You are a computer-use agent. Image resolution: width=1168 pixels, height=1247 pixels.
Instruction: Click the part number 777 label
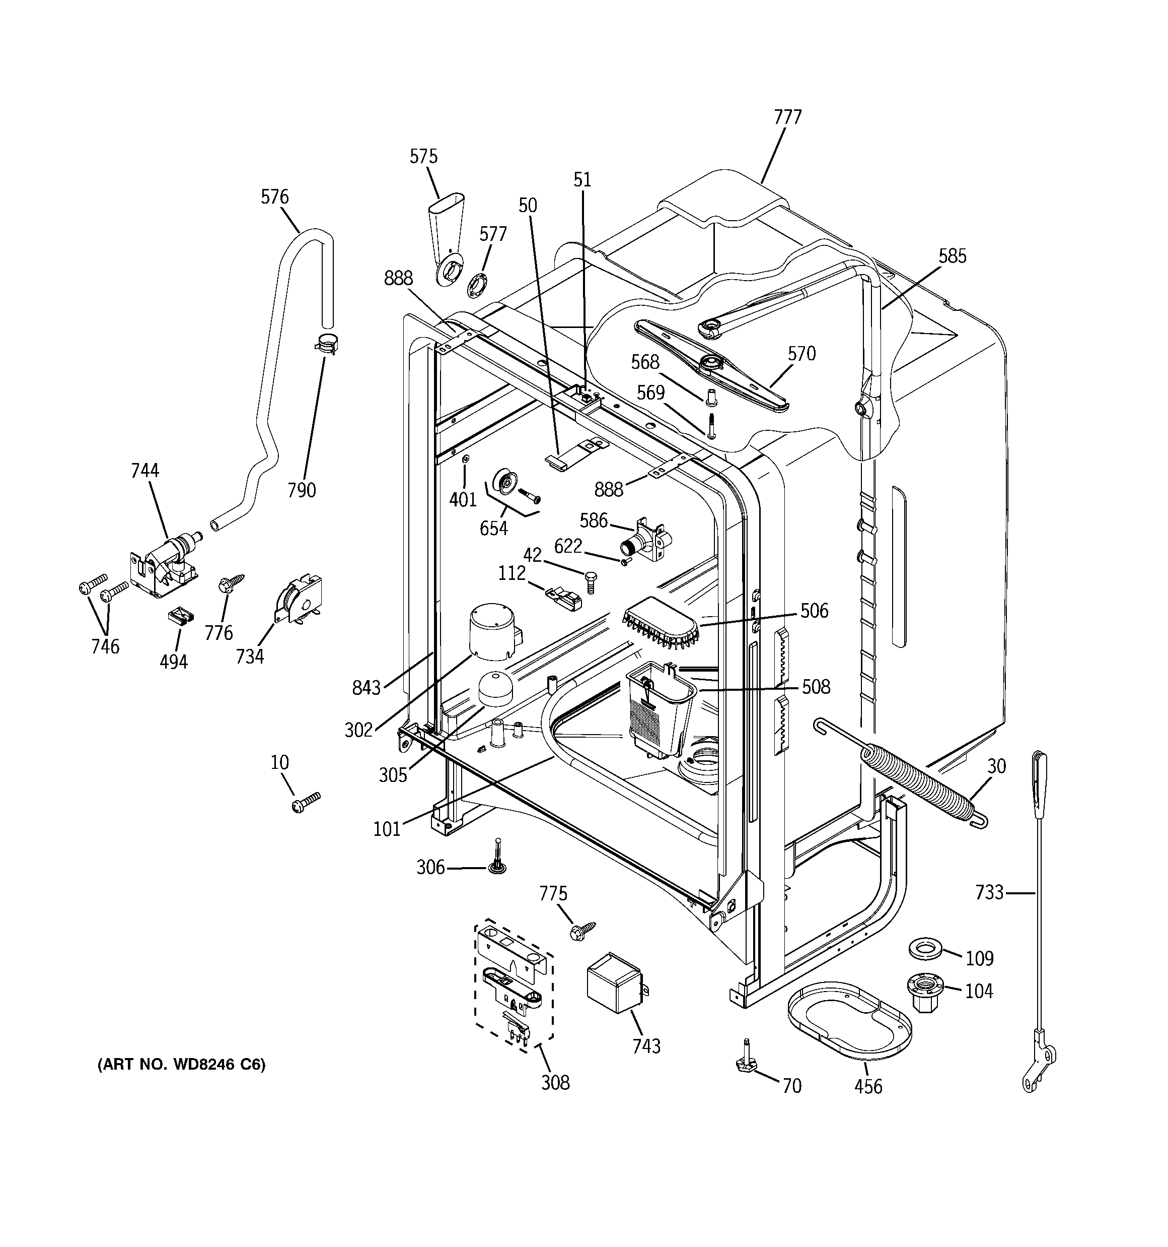tap(787, 117)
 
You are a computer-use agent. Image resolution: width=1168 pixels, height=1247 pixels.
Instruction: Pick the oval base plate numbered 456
tap(849, 1018)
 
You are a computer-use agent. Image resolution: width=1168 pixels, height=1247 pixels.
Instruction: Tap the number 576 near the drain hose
tap(274, 197)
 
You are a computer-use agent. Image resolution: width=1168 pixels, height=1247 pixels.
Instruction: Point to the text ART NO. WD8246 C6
tap(182, 1065)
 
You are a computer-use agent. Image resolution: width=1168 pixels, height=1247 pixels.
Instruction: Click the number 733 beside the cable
tap(989, 891)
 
